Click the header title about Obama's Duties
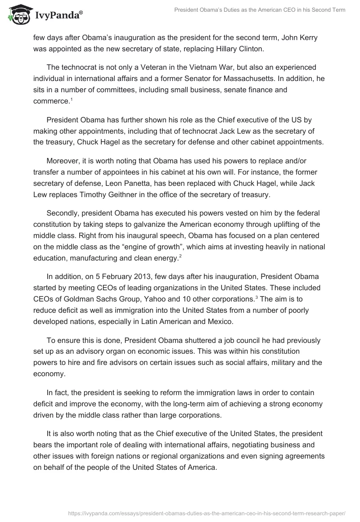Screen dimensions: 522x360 point(260,9)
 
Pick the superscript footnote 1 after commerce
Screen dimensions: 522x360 point(71,99)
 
